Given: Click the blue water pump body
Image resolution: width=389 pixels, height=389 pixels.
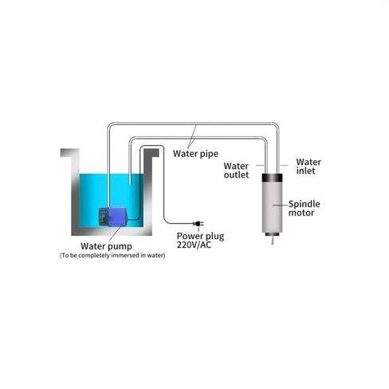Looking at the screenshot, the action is point(117,217).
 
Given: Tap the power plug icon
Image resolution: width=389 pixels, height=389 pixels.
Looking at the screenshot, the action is point(198,224).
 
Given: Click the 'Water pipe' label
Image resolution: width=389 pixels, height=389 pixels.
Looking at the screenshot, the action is point(195,154).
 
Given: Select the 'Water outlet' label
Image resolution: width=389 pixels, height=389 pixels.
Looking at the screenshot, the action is point(236,171).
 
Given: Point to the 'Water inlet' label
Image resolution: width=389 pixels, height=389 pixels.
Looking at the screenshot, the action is point(308,167).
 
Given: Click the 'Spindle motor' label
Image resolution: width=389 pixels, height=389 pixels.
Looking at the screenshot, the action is point(304,208).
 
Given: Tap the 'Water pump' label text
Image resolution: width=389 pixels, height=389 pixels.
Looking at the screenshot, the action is point(106,246).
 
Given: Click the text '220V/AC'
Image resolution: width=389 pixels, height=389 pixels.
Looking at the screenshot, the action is point(194,245).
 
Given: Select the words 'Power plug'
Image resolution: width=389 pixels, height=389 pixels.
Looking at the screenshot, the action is point(201,236).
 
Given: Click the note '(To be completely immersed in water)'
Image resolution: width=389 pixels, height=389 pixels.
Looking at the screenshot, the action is point(112,255).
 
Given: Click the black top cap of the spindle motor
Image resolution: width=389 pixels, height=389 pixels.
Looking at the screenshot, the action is point(272,178).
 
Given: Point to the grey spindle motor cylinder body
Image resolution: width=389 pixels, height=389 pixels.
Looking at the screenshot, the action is point(272,207).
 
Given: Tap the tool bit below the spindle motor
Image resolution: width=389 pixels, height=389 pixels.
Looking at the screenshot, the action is point(272,240).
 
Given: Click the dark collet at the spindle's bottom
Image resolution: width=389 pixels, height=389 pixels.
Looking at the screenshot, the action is point(272,234).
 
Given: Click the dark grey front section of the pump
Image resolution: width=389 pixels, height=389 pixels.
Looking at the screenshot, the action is point(103,217).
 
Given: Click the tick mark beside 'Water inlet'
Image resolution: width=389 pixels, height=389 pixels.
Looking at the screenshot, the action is point(284,165).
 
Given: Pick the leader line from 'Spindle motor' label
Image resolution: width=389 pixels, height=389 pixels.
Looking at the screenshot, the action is point(281,205).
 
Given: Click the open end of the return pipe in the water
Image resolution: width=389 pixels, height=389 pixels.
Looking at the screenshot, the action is point(130,183).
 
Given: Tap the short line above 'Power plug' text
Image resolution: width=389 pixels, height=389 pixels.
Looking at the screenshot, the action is point(198,229).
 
